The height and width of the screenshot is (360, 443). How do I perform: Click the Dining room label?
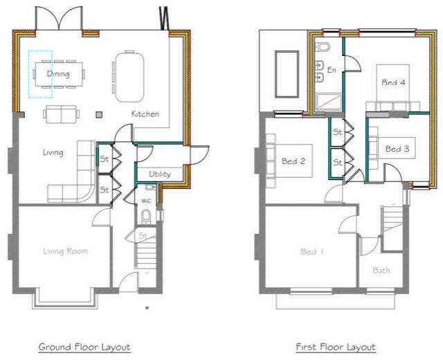pyautogui.click(x=58, y=73)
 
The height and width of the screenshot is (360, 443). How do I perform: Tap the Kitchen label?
pyautogui.click(x=145, y=114)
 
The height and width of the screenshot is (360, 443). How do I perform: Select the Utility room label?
pyautogui.click(x=159, y=174)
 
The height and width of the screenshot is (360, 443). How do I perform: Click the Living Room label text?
pyautogui.click(x=66, y=251)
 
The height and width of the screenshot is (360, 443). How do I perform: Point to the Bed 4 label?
pyautogui.click(x=393, y=82)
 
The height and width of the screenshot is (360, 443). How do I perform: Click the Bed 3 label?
pyautogui.click(x=397, y=149)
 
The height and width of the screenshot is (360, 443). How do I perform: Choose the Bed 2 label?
pyautogui.click(x=293, y=162)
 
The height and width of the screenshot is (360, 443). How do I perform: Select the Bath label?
pyautogui.click(x=381, y=270)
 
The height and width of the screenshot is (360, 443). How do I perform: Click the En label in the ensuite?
pyautogui.click(x=332, y=70)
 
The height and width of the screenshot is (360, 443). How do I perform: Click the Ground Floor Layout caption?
pyautogui.click(x=84, y=346)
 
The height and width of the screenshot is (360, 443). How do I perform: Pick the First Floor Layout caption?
pyautogui.click(x=335, y=346)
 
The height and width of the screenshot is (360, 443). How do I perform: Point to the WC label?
pyautogui.click(x=146, y=201)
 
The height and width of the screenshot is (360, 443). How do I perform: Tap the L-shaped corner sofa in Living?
pyautogui.click(x=77, y=180)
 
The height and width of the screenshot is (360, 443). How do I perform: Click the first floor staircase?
pyautogui.click(x=393, y=228)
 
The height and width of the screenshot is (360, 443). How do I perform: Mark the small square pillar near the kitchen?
pyautogui.click(x=99, y=114)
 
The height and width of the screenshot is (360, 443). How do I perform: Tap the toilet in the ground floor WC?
pyautogui.click(x=145, y=217)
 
